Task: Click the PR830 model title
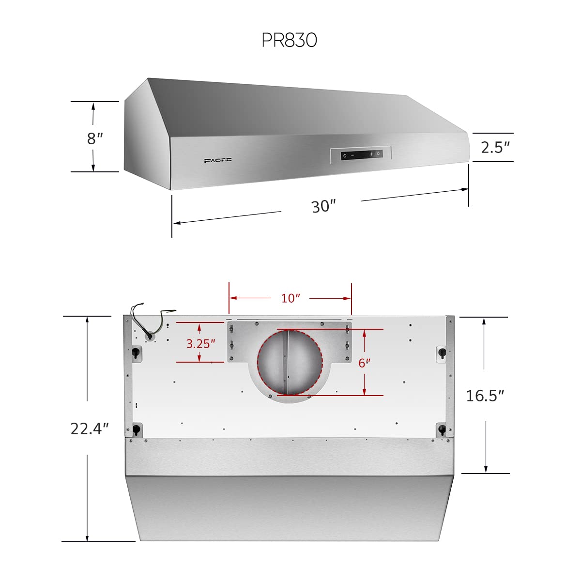289,40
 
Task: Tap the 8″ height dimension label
95,138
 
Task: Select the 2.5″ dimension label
495,147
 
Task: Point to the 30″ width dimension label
323,206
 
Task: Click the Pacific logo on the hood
217,160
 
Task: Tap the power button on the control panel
344,155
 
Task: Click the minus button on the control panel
352,155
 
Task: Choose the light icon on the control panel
379,154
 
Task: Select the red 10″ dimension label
290,298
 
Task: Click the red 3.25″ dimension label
200,344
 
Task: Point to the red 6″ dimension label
364,363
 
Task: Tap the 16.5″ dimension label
485,396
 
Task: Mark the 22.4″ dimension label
90,428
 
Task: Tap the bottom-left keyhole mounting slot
137,429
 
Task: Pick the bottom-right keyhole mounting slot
442,429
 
